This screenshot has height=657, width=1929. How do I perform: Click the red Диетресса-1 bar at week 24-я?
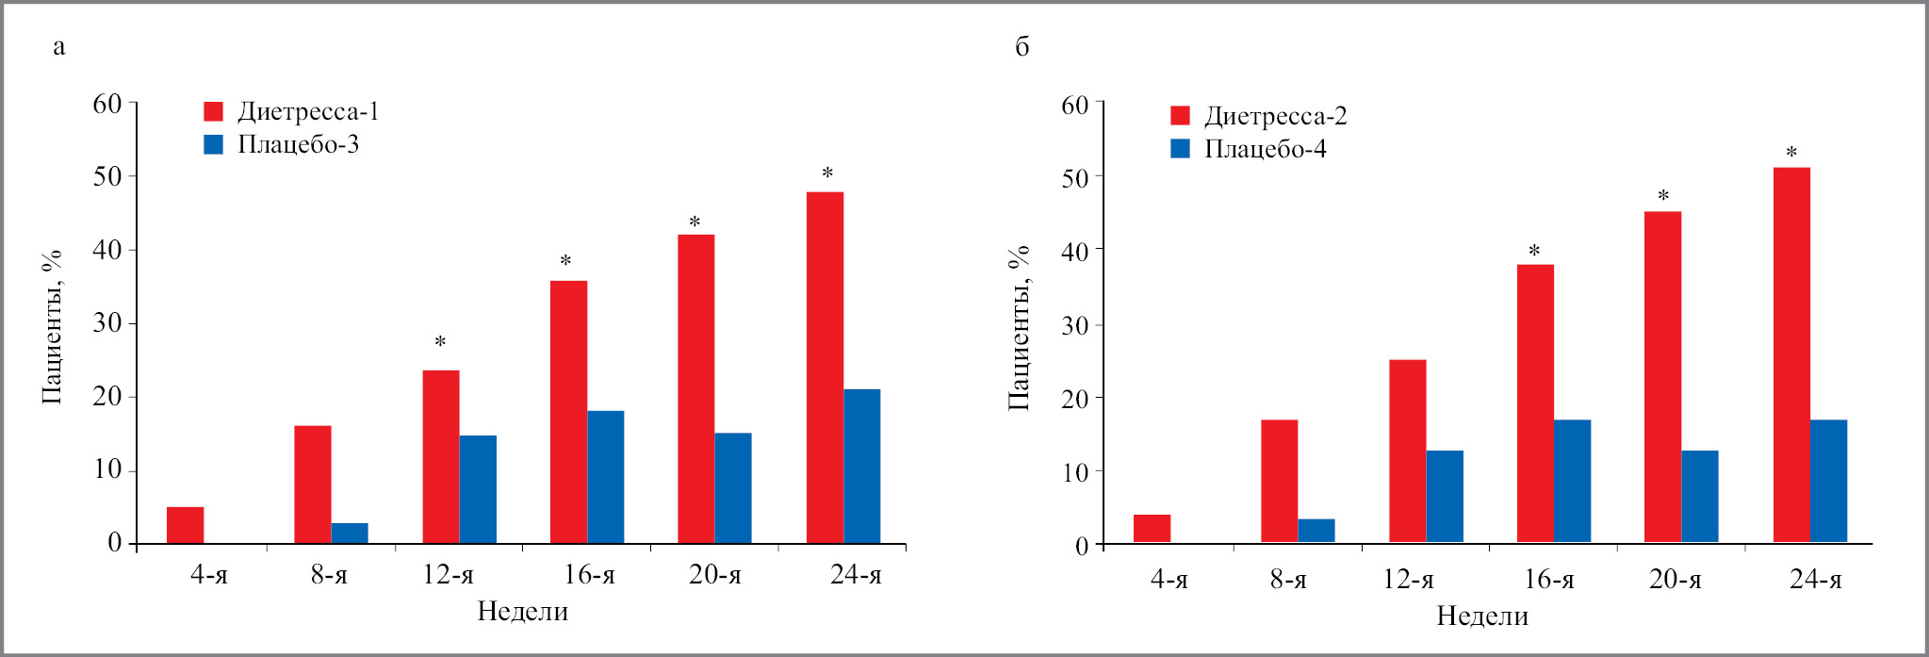click(x=825, y=368)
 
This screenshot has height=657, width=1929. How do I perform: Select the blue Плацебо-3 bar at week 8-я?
click(x=350, y=534)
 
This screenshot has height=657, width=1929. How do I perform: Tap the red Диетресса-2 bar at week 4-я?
click(x=1152, y=529)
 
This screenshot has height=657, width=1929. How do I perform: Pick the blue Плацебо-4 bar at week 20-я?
click(x=1700, y=497)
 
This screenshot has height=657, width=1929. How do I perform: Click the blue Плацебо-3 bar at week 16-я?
click(x=605, y=477)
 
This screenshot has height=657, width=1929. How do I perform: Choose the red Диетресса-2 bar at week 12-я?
click(x=1407, y=452)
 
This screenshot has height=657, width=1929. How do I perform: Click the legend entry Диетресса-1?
click(x=307, y=111)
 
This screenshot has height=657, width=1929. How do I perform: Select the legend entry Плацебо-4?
click(x=1265, y=149)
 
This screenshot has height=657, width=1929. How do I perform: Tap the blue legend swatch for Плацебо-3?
click(x=214, y=144)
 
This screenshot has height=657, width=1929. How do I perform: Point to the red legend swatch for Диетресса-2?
click(x=1180, y=115)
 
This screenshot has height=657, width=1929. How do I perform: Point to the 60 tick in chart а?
click(x=107, y=104)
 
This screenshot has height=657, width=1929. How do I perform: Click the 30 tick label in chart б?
click(x=1074, y=325)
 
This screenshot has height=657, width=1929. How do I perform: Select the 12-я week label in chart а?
click(x=448, y=574)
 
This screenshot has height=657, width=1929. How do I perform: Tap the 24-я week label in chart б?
click(x=1815, y=579)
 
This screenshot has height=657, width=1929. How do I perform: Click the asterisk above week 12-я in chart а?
click(x=440, y=341)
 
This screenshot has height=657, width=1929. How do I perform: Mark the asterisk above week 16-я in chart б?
click(x=1534, y=251)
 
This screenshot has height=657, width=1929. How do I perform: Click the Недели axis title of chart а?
click(x=522, y=612)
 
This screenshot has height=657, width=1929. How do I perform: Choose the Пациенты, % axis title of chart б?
click(x=1019, y=327)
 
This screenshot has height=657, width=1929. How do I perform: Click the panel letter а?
click(x=59, y=46)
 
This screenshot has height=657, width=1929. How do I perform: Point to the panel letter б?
click(x=1022, y=46)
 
